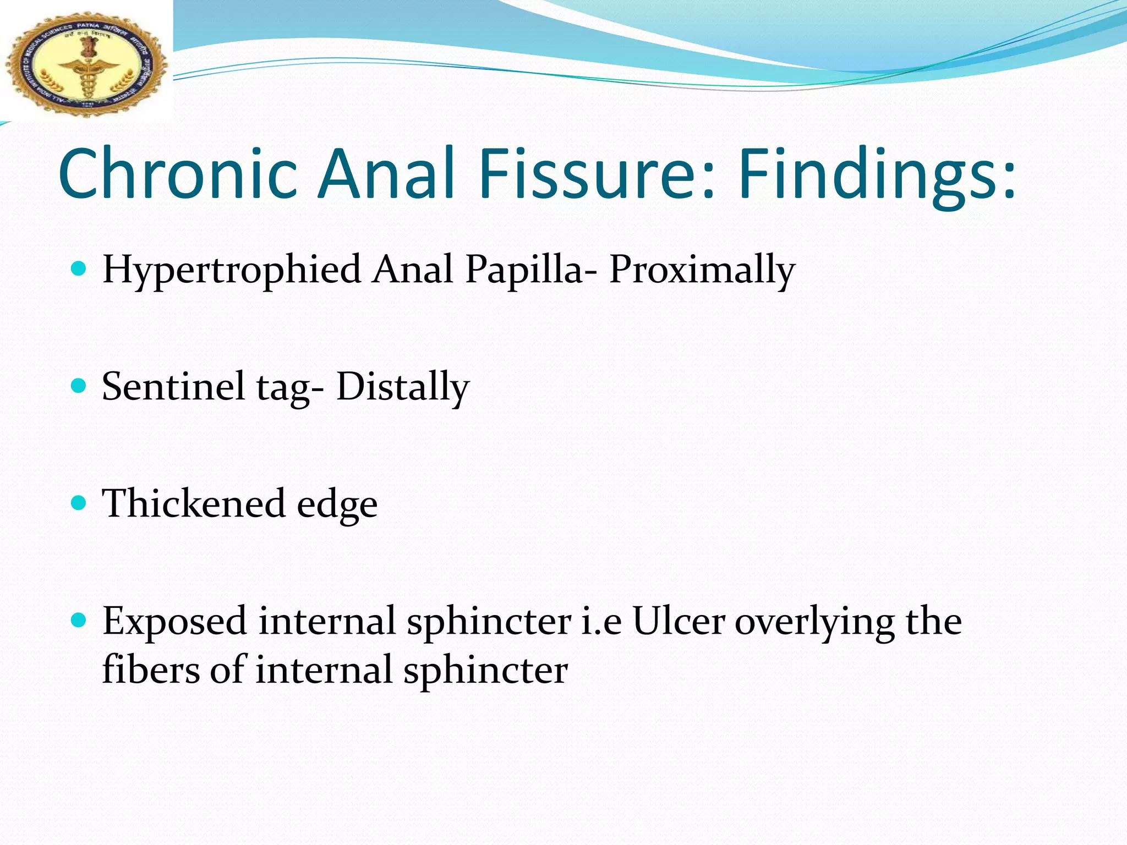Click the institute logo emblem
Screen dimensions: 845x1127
[86, 63]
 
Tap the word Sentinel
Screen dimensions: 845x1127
[173, 386]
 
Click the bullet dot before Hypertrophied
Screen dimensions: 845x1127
[80, 269]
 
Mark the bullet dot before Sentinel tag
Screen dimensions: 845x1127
[80, 386]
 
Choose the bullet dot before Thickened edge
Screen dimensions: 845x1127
[80, 503]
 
